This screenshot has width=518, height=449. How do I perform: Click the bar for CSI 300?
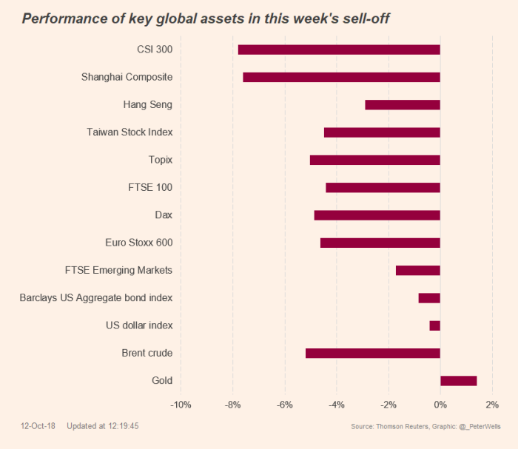coord(339,50)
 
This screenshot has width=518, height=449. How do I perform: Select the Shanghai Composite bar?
coord(341,77)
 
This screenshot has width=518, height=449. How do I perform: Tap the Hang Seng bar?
coord(403,105)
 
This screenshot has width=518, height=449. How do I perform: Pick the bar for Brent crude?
coord(373,353)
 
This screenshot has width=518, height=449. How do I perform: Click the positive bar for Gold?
coord(458,381)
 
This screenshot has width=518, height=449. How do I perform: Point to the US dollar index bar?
coord(434,325)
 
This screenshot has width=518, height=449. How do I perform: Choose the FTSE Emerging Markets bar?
coord(418,270)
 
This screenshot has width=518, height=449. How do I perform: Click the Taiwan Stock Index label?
coord(129,132)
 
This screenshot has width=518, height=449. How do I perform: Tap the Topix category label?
coord(161,160)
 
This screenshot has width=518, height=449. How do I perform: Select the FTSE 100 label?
coord(150,187)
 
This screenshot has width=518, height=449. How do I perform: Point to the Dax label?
coord(164,215)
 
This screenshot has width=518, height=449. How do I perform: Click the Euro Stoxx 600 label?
coord(139,243)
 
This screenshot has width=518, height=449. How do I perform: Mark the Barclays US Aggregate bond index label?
coord(96,298)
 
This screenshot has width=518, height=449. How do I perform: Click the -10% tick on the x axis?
coord(181,405)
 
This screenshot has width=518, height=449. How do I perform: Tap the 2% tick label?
coord(492,405)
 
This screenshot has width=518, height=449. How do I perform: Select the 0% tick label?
coord(440,405)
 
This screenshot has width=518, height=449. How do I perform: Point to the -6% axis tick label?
coord(285,405)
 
